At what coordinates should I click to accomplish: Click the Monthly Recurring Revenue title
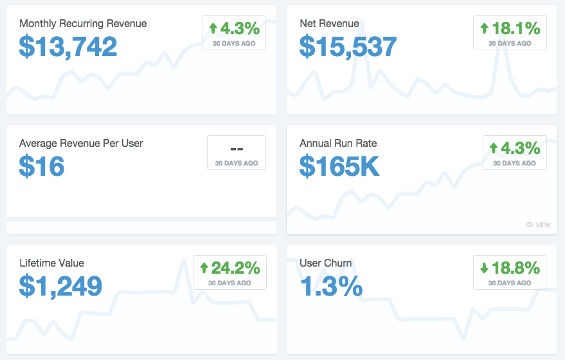(x=83, y=23)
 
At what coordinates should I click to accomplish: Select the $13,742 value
(x=68, y=46)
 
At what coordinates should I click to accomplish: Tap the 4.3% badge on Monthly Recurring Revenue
(x=234, y=32)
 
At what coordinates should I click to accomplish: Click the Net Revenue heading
(x=329, y=23)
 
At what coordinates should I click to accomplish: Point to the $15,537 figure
(x=348, y=46)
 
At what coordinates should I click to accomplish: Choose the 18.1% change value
(x=516, y=28)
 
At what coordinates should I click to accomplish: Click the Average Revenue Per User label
(x=81, y=144)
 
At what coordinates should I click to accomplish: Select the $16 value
(x=41, y=166)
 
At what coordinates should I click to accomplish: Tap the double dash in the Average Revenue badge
(x=237, y=149)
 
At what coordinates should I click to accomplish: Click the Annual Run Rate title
(x=338, y=144)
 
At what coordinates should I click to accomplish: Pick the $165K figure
(x=339, y=166)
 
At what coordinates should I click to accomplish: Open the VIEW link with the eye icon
(x=539, y=225)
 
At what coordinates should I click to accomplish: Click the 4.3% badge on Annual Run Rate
(x=515, y=153)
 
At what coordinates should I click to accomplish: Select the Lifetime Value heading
(x=52, y=263)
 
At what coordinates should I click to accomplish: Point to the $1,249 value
(x=60, y=286)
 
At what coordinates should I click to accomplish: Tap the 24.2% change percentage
(x=235, y=268)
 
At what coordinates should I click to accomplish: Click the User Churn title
(x=326, y=263)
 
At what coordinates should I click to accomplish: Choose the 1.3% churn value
(x=331, y=286)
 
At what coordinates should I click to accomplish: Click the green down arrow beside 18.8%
(x=484, y=268)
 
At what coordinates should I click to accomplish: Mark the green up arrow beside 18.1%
(x=484, y=28)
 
